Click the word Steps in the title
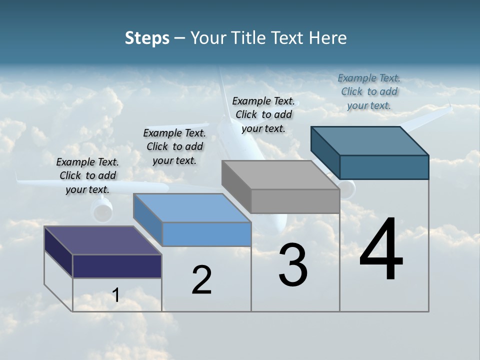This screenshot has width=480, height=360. point(147,38)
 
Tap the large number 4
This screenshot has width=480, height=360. point(381,250)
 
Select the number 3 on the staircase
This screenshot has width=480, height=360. point(293,265)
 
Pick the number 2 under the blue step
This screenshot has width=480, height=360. point(201,280)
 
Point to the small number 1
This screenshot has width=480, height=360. point(116,295)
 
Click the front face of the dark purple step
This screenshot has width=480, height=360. point(117,266)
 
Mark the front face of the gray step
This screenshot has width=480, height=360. point(295,201)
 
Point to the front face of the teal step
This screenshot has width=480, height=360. point(384,167)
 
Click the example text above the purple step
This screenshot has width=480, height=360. point(87,175)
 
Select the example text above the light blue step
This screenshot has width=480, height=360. point(174,146)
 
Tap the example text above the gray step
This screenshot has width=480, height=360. point(263,114)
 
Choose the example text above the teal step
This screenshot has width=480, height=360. point(369,91)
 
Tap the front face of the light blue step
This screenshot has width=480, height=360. point(206,234)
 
